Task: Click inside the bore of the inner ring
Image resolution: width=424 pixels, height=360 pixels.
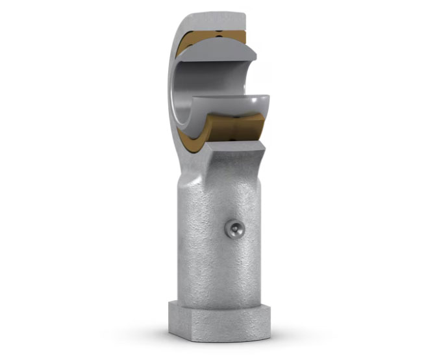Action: pyautogui.click(x=214, y=78)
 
